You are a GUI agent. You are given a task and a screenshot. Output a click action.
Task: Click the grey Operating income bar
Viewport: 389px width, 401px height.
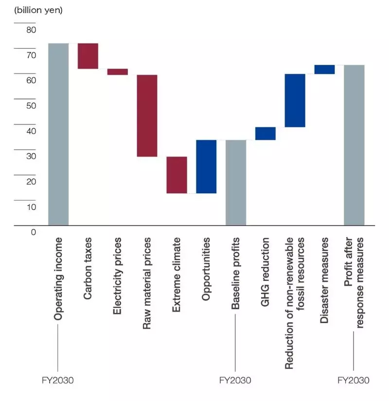tap(58, 134)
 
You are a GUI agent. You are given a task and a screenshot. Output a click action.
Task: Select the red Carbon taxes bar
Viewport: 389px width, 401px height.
tap(88, 56)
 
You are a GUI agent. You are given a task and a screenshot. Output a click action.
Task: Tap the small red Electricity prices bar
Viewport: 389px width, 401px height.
tap(118, 72)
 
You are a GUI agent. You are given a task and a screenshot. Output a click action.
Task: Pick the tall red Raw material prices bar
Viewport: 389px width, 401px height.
tap(147, 116)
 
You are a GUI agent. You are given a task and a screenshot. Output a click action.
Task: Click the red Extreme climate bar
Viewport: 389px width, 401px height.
tap(177, 175)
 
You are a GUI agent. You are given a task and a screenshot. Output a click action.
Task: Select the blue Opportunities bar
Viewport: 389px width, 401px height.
tap(206, 167)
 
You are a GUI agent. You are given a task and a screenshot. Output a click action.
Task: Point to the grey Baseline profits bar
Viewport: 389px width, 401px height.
tap(236, 183)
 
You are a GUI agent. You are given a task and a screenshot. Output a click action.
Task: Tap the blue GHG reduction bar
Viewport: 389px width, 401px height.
tap(265, 134)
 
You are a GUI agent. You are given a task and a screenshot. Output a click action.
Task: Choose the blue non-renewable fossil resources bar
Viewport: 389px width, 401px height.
tap(295, 101)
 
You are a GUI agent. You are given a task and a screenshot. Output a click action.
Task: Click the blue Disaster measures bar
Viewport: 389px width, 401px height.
tap(324, 70)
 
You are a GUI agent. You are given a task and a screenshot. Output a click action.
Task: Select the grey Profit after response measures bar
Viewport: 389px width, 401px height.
tap(354, 145)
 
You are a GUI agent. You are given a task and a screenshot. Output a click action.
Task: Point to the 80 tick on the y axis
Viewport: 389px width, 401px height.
tap(31, 30)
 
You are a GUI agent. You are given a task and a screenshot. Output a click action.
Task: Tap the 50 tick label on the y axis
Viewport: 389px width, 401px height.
tap(31, 105)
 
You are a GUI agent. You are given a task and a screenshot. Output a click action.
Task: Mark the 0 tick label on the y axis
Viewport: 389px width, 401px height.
tap(34, 232)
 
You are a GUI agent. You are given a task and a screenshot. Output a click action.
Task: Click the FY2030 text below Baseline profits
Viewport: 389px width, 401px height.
tap(235, 380)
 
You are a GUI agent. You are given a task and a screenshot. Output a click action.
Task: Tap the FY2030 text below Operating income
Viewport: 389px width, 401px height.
tap(58, 380)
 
